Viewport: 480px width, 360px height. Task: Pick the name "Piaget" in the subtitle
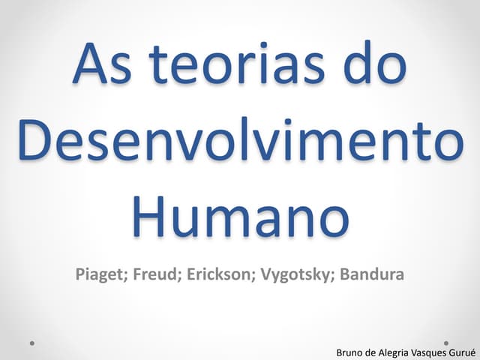click(x=100, y=274)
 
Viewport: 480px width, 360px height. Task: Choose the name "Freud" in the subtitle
click(x=157, y=274)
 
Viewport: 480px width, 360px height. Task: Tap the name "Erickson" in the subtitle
click(x=220, y=274)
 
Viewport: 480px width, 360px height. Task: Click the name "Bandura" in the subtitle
click(x=372, y=274)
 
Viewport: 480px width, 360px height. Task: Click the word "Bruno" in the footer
click(x=350, y=352)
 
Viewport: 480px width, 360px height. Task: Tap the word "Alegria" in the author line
click(x=394, y=352)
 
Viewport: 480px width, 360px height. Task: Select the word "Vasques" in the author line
click(x=430, y=352)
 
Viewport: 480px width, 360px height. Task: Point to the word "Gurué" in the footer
click(x=463, y=352)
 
